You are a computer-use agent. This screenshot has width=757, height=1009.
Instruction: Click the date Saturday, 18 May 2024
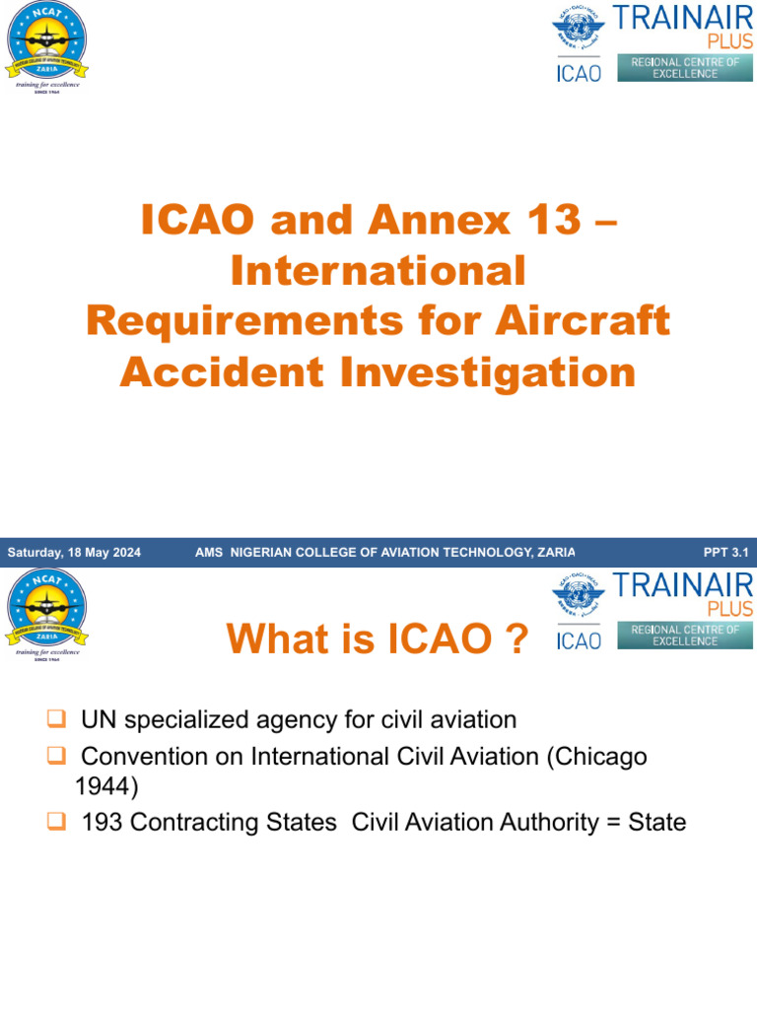tap(74, 553)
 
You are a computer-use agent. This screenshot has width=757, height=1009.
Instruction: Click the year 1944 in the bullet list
tap(106, 786)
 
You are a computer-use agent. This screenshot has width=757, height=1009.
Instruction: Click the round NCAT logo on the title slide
tap(46, 41)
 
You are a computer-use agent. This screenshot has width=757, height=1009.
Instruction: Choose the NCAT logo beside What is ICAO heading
tap(46, 609)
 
